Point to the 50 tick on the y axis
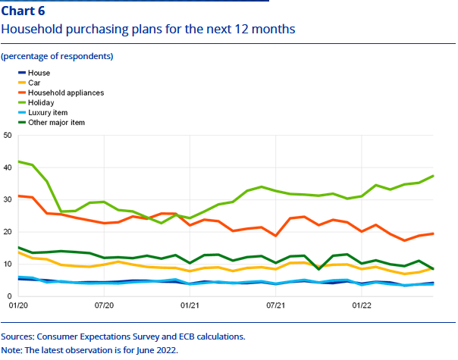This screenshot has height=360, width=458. coord(8,136)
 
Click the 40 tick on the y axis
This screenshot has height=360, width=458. coord(8,167)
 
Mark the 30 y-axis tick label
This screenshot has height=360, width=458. coord(8,199)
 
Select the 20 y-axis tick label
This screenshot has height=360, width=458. coord(8,232)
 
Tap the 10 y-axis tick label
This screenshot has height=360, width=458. coord(8,264)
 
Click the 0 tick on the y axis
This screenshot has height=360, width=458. coord(10,296)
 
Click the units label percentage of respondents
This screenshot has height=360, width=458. coord(57,56)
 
